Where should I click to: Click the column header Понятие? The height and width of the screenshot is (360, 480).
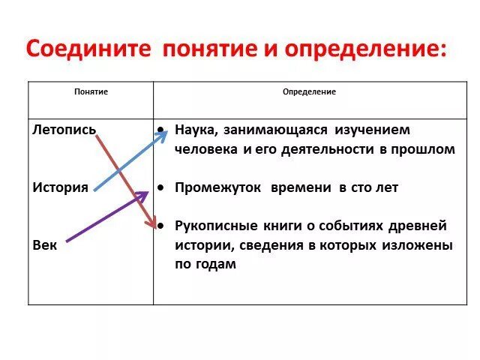tap(91, 91)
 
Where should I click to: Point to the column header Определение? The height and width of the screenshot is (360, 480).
tap(309, 91)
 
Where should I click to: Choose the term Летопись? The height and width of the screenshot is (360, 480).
tap(64, 129)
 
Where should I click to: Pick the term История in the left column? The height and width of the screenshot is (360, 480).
tap(61, 187)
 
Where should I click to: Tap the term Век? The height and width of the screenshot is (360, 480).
tap(44, 245)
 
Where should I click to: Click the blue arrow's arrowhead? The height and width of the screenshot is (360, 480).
tap(163, 133)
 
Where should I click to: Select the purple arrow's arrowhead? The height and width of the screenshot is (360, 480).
tap(142, 195)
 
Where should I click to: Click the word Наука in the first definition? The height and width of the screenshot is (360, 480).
tap(196, 130)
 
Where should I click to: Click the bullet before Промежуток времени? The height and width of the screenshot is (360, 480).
tap(161, 187)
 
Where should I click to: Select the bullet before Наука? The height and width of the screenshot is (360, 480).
tap(161, 129)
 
